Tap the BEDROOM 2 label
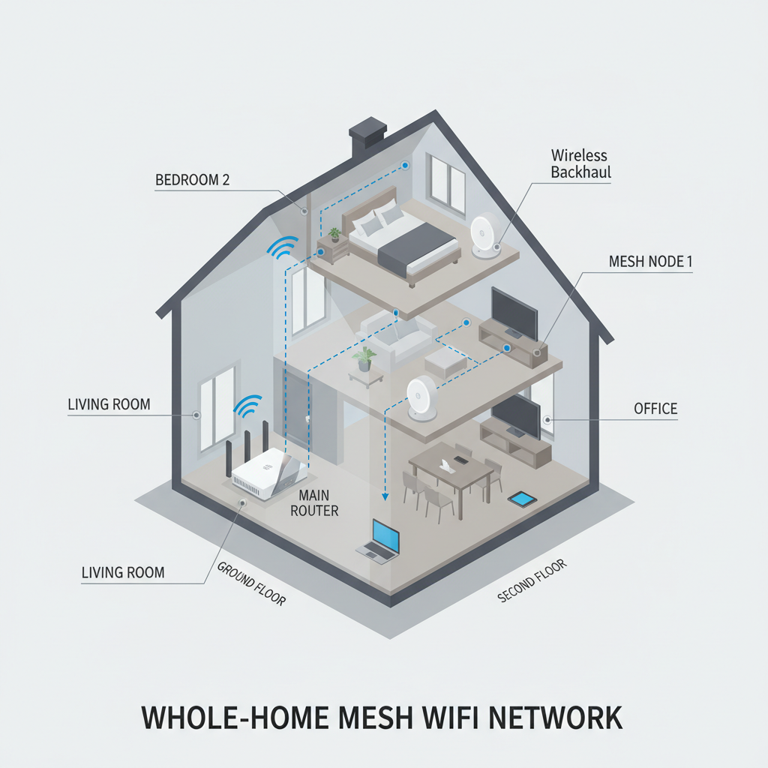192,180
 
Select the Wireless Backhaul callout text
580,163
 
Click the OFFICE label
655,409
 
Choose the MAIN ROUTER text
319,503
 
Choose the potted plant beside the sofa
365,358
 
